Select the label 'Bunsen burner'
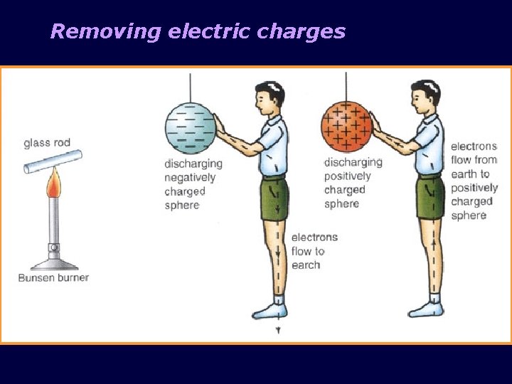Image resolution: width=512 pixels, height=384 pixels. click(x=53, y=277)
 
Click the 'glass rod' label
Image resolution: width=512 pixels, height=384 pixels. click(x=47, y=142)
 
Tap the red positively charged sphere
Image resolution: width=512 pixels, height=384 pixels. click(x=346, y=126)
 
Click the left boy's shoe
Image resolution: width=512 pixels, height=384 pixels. click(x=270, y=310)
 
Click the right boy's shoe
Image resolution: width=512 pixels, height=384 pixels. click(x=426, y=309)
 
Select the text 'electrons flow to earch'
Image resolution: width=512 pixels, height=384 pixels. click(x=314, y=251)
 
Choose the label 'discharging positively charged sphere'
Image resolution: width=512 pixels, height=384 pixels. click(x=353, y=183)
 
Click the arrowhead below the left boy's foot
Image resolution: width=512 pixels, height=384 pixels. click(x=279, y=331)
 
